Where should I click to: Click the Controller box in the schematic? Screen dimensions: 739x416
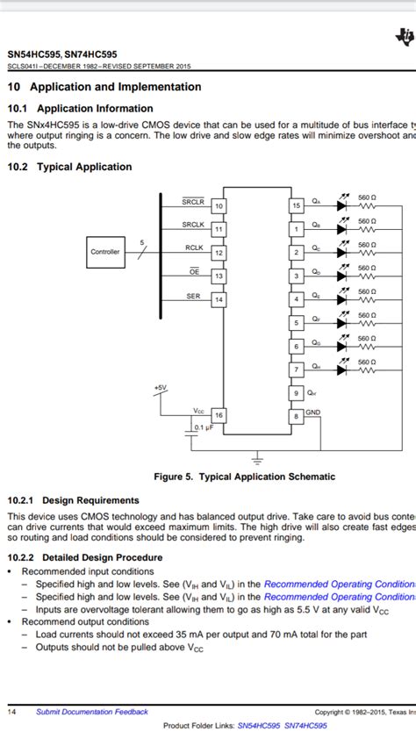click(x=105, y=252)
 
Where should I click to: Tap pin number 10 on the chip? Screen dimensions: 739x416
click(x=219, y=206)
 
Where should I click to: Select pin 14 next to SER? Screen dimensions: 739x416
click(x=219, y=300)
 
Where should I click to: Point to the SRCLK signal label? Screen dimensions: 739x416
click(x=193, y=225)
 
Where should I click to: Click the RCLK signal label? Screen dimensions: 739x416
click(x=195, y=248)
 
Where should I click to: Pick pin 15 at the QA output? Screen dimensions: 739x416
click(x=297, y=205)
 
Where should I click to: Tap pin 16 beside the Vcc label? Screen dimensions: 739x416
click(x=219, y=415)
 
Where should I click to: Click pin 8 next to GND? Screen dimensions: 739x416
click(x=297, y=416)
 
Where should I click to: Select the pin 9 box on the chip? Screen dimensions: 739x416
click(x=297, y=393)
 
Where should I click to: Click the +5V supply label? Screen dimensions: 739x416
click(x=159, y=386)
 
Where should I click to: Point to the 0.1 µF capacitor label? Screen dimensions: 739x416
click(x=203, y=427)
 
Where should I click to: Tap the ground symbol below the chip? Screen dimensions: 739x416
click(x=257, y=458)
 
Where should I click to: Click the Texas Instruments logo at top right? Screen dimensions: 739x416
click(x=405, y=36)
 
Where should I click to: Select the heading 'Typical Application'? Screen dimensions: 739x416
click(x=83, y=167)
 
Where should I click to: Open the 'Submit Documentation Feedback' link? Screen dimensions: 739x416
click(x=92, y=712)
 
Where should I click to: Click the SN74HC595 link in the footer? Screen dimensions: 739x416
click(x=305, y=726)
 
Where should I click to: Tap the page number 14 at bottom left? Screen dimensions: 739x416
click(x=13, y=712)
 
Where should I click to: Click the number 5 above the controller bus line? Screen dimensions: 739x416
click(x=142, y=241)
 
